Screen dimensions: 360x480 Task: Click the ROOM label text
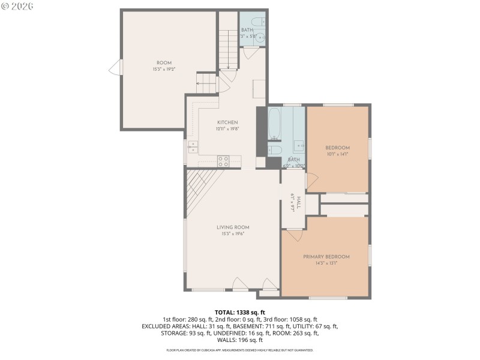(164, 63)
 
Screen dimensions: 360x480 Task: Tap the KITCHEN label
(227, 122)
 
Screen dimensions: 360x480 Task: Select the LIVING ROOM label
(233, 227)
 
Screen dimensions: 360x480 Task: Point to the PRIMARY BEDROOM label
(326, 257)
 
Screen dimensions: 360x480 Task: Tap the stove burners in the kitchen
(223, 161)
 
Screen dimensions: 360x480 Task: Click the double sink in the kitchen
(192, 147)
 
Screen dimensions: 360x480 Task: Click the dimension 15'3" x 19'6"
(233, 233)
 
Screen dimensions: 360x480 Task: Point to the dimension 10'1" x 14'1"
(337, 154)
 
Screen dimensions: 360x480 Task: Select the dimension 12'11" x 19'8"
(227, 128)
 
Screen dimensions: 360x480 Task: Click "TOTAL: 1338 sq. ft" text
(239, 313)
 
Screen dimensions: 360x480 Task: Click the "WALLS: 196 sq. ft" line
(239, 340)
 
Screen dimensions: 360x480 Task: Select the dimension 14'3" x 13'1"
(326, 263)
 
